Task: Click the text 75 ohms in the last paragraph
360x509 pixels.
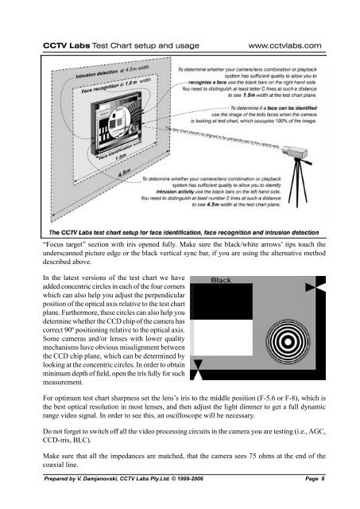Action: click(x=274, y=456)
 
